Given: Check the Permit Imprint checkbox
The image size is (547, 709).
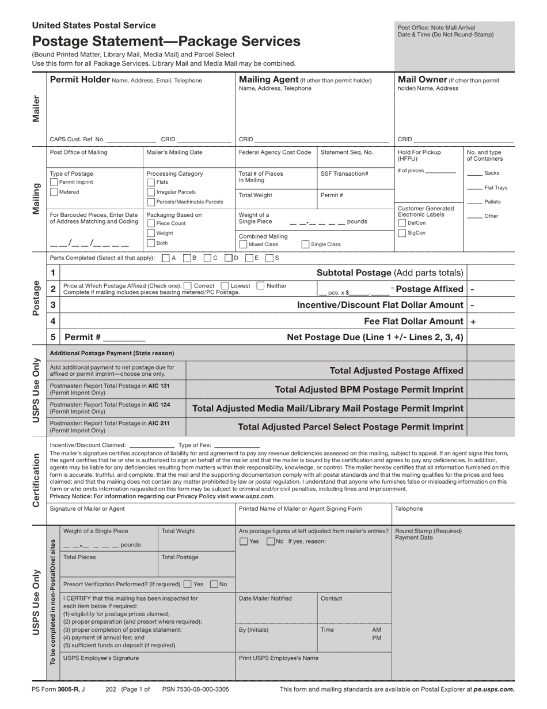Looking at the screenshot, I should [54, 182].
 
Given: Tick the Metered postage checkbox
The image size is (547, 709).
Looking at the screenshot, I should [54, 192].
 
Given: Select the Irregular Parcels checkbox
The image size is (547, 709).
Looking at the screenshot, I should [151, 192].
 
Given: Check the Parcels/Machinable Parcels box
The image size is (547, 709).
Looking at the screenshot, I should [151, 202].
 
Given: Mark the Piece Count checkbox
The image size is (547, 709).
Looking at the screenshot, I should [151, 223].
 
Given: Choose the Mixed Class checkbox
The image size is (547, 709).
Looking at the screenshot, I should [243, 244].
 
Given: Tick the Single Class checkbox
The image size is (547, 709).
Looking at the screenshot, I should [306, 244].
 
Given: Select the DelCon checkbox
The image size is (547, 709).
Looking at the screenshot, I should [402, 223].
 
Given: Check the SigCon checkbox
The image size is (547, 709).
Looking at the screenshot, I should [402, 233].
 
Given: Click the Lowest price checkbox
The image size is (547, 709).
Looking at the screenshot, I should [225, 285].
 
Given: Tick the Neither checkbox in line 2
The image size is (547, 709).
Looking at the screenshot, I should [260, 285].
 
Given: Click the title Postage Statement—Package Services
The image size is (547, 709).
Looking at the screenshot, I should [166, 42].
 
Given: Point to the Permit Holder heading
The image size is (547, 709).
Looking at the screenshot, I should [80, 80].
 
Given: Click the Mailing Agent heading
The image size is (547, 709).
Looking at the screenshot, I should [268, 80].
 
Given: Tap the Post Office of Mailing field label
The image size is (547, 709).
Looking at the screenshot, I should [78, 152].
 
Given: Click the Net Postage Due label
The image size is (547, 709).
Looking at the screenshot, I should [375, 337].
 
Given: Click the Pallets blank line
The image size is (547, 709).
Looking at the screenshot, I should [474, 202].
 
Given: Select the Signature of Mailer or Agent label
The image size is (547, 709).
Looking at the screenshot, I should [87, 509].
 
